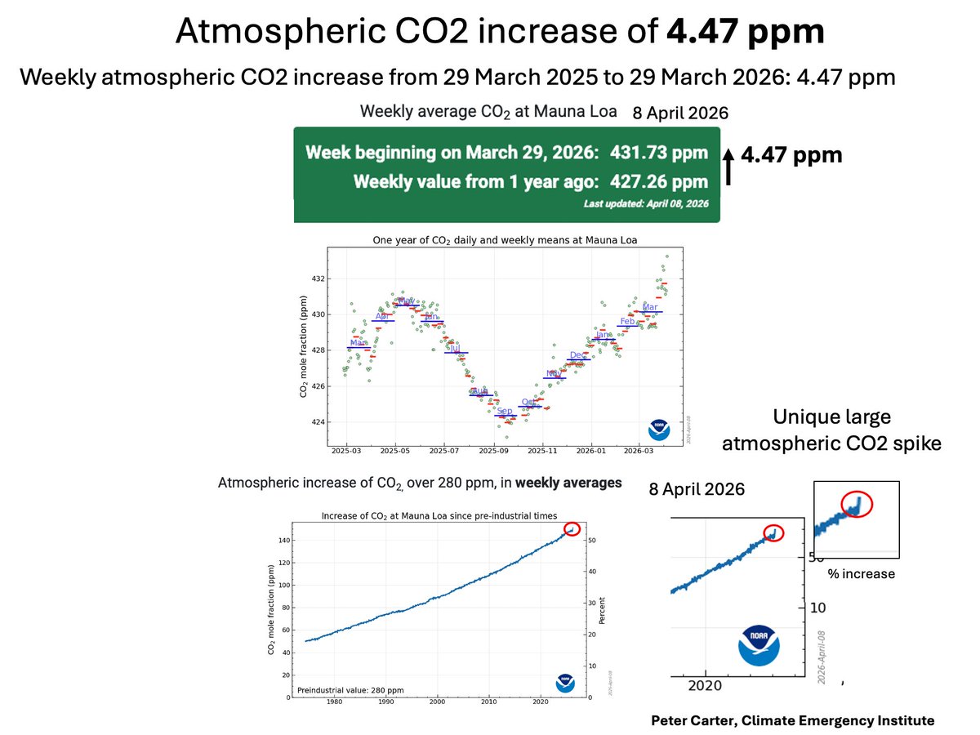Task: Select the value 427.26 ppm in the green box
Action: click(x=665, y=181)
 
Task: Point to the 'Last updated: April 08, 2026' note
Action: click(x=646, y=203)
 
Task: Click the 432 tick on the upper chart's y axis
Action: click(x=318, y=279)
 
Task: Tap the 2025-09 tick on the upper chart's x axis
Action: click(x=493, y=450)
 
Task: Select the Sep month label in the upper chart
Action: click(x=505, y=411)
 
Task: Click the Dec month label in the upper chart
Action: click(x=578, y=355)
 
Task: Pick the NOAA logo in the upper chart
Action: click(x=658, y=430)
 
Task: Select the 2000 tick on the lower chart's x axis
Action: click(x=438, y=702)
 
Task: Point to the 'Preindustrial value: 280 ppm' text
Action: click(x=351, y=690)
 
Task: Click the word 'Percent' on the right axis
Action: click(x=601, y=610)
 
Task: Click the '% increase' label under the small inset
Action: click(x=861, y=574)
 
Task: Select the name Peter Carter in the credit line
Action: click(x=686, y=721)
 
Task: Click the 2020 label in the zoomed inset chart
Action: click(x=705, y=686)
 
